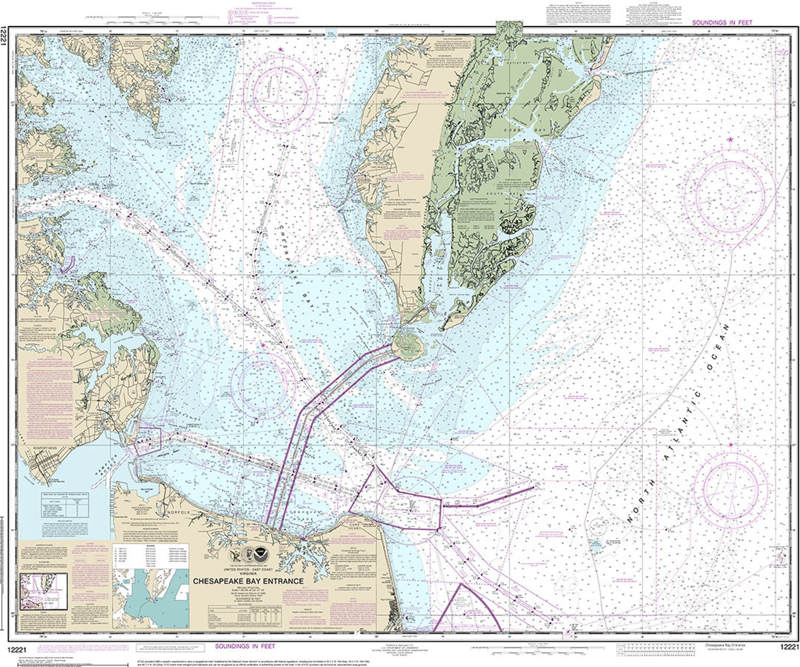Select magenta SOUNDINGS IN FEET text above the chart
click(722, 23)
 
